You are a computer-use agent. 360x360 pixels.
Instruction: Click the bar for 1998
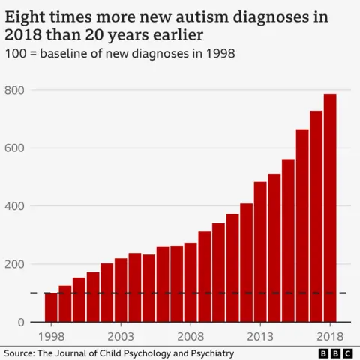click(51, 307)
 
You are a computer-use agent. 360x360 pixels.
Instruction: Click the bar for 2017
click(316, 217)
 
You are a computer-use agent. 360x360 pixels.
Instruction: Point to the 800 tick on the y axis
click(15, 90)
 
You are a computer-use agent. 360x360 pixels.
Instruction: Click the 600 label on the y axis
click(15, 148)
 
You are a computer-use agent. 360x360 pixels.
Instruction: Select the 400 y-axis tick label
click(15, 206)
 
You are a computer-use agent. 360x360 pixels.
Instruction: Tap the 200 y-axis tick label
click(15, 264)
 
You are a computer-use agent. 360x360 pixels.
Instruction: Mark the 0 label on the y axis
click(21, 322)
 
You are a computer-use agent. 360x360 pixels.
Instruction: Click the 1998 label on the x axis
click(51, 335)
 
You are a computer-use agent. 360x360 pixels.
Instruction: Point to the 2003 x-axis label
click(121, 335)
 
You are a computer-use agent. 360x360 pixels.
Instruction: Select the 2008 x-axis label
click(190, 335)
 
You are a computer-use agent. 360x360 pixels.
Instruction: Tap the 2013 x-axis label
click(260, 335)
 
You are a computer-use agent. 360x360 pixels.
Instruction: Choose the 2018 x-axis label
click(330, 335)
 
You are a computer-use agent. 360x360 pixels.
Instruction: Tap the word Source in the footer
click(20, 352)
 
